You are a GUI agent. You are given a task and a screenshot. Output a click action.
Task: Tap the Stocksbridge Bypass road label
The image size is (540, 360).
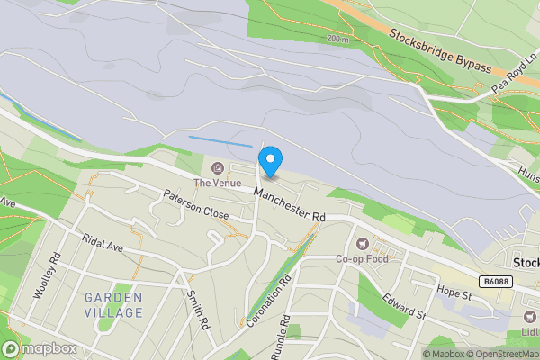440,52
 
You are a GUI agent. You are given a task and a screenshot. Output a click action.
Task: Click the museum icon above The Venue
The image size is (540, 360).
217,168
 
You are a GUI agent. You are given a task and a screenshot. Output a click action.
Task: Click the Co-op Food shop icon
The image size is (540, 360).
364,243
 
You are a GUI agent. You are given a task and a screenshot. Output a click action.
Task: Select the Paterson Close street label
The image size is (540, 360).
195,205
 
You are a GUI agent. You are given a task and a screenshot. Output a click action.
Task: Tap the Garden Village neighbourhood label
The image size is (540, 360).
113,305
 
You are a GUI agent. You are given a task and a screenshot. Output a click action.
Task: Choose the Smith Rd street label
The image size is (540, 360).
198,309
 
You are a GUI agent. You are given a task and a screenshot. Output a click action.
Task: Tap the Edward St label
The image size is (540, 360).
402,306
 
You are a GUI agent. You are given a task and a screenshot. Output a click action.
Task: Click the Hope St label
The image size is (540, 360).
454,293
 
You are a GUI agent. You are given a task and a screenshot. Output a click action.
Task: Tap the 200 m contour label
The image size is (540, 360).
337,40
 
